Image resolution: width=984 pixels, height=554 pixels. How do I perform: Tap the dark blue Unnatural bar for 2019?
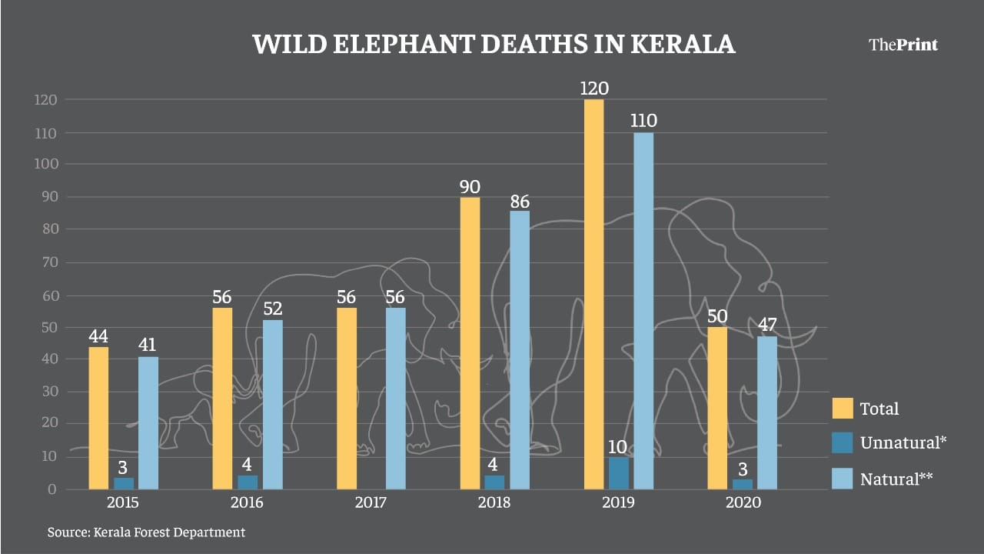pos(618,473)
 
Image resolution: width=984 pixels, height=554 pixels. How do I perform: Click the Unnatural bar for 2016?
pos(248,482)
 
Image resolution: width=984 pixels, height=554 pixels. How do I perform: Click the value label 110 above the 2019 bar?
pos(643,121)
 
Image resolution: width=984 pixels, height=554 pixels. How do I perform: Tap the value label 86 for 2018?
pos(520,202)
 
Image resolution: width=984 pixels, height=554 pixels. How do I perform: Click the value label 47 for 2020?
pos(767,324)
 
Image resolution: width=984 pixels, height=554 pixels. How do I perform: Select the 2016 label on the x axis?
pos(247,503)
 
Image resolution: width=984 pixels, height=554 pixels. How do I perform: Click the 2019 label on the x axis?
pos(618,503)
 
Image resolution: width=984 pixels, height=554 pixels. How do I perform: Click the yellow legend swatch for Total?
pos(843,409)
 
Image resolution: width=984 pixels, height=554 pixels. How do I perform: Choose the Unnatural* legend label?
pos(903,442)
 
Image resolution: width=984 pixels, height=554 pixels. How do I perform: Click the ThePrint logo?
pos(903,45)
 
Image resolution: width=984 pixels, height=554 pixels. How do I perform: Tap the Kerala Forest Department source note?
pos(146,532)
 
